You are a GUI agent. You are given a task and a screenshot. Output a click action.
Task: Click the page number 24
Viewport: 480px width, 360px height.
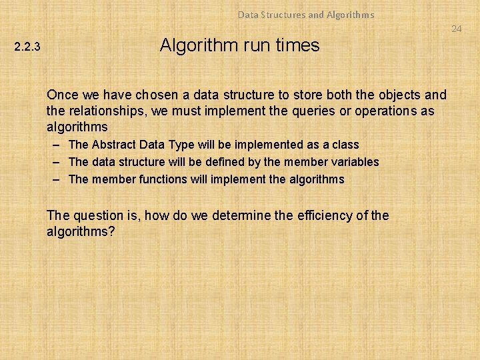[456, 29]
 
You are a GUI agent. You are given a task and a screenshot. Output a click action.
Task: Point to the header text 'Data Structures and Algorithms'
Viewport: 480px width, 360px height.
[306, 14]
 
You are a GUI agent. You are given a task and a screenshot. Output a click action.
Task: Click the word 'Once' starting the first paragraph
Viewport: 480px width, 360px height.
[62, 95]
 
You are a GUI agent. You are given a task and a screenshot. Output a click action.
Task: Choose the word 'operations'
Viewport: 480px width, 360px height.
[387, 111]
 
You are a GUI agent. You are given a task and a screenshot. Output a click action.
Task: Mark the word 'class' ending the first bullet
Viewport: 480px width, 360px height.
[345, 145]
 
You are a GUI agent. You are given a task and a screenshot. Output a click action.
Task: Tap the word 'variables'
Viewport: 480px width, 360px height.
[355, 162]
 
